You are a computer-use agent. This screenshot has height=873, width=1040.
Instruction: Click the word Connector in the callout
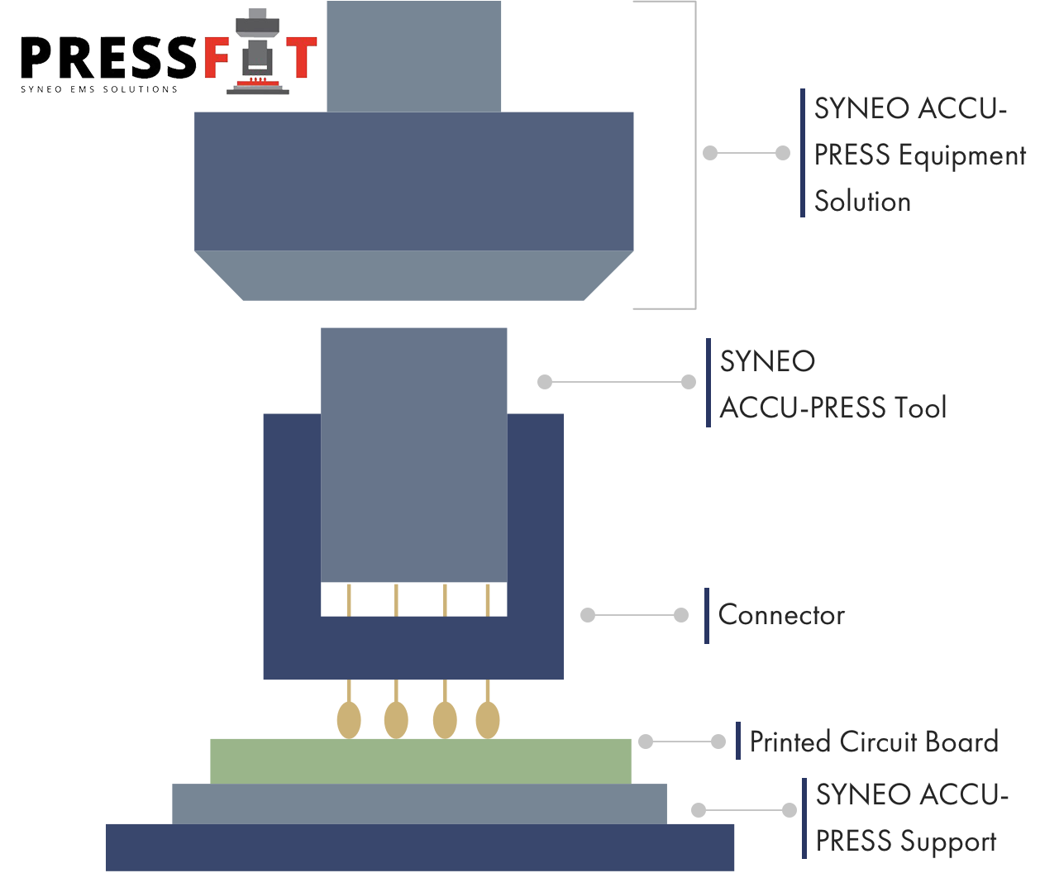780,615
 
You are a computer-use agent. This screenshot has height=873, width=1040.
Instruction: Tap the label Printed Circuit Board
873,742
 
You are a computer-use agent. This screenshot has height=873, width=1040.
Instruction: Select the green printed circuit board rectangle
420,761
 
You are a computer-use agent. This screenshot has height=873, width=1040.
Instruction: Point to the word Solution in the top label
862,201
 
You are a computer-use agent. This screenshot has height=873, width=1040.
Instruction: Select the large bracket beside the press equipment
694,154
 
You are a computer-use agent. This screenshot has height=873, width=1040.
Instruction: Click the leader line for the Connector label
634,615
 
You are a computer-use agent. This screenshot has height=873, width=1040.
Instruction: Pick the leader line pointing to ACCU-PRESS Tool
616,382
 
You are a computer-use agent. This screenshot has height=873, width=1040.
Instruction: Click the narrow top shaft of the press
413,56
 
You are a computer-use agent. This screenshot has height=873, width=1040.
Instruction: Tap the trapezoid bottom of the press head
413,275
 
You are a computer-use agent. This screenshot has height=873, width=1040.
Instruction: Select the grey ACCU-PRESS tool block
413,455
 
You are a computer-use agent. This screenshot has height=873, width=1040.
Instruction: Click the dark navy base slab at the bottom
420,847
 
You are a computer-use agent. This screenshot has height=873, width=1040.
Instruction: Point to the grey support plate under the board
419,804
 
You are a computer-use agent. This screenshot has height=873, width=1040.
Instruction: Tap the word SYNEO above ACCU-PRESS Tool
767,361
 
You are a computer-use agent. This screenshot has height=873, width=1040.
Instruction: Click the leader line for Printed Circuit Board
682,742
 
